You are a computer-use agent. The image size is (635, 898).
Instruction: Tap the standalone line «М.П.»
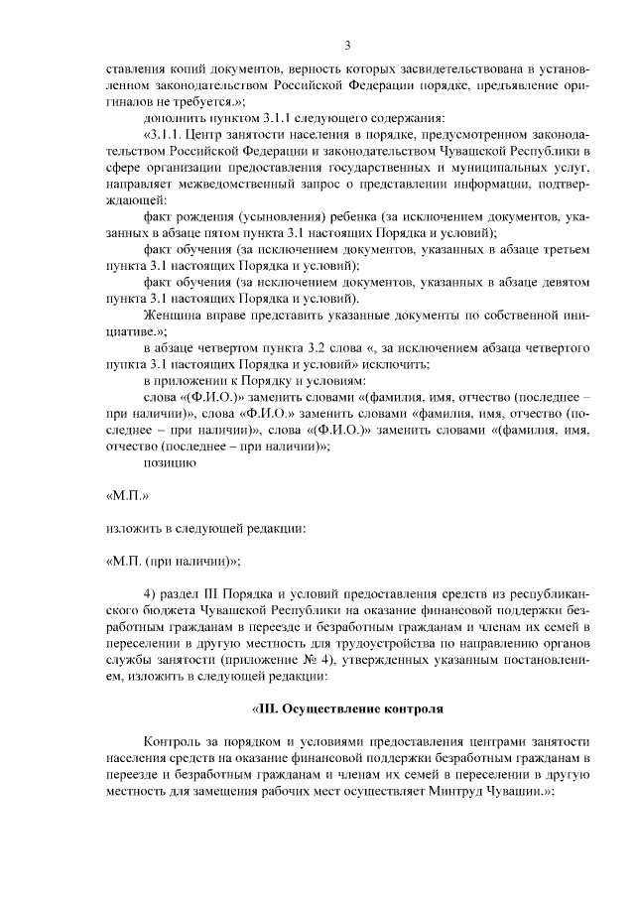(127, 493)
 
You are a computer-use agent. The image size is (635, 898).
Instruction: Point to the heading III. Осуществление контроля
(347, 709)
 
